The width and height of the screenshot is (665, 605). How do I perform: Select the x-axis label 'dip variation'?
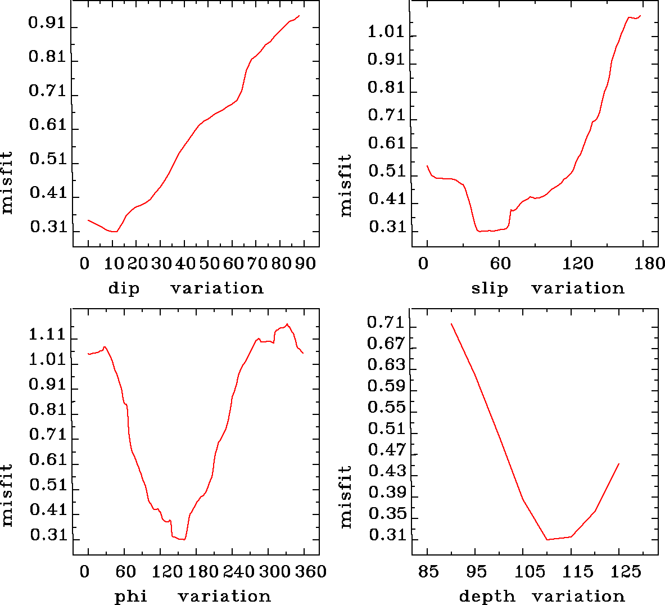[186, 288]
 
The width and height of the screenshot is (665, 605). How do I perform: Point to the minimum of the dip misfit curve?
[115, 231]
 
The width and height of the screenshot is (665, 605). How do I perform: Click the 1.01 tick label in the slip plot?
[386, 32]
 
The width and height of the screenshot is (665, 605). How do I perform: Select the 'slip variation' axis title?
[548, 288]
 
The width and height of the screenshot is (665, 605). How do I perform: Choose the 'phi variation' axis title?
[193, 596]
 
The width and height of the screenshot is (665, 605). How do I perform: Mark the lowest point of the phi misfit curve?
[184, 540]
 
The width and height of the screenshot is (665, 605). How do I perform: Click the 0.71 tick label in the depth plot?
[386, 323]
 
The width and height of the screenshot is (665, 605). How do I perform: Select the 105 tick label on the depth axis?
[530, 572]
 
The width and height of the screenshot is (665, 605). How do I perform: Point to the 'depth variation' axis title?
[542, 596]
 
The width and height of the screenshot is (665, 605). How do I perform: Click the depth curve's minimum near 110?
[547, 540]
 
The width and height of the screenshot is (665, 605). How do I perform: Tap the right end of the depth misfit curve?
[619, 464]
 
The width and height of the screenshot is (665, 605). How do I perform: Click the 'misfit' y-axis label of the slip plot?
[346, 186]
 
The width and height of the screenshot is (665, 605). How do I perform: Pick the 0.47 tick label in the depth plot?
[386, 450]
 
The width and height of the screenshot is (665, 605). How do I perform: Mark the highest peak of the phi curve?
[287, 324]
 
